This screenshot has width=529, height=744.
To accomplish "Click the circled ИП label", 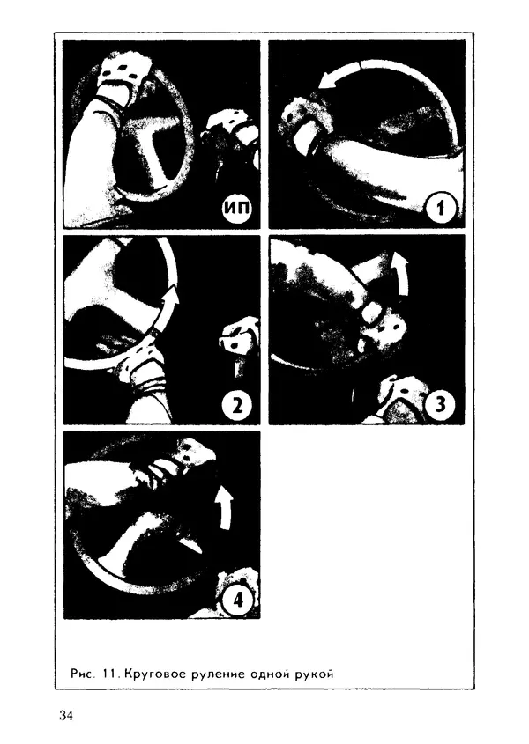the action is [x=236, y=208].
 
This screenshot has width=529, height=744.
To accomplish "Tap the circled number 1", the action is [x=441, y=208].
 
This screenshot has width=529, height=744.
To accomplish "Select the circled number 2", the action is [x=236, y=404].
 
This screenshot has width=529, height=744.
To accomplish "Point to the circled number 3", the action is [x=441, y=404].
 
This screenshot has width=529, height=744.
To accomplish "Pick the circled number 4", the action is [x=236, y=600].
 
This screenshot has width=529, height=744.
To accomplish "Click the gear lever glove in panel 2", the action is [x=238, y=338].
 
